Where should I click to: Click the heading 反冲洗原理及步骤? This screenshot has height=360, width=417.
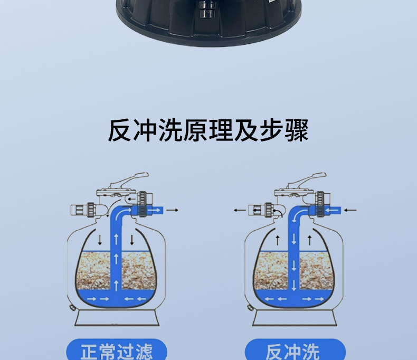208,130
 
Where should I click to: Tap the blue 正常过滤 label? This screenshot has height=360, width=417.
117,349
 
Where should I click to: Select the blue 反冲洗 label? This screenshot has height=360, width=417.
295,349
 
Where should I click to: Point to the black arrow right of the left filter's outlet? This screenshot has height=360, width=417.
172,210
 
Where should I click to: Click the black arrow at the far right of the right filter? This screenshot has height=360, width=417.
350,210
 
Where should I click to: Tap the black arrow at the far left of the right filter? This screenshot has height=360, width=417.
240,210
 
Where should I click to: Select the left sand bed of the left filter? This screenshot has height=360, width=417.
93,270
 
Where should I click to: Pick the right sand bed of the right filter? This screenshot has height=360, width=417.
316,270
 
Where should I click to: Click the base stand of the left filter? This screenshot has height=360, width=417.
117,318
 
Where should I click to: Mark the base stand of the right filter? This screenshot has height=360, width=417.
295,318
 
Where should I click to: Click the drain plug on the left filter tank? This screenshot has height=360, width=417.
72,308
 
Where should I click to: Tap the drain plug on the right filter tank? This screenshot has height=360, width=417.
250,308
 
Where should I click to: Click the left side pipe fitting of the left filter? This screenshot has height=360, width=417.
83,210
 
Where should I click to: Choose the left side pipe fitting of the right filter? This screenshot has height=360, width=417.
261,210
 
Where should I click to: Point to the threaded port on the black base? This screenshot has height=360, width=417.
206,10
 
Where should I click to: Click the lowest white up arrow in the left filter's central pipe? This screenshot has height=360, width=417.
116,286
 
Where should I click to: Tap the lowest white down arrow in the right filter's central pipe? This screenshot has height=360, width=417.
294,286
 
